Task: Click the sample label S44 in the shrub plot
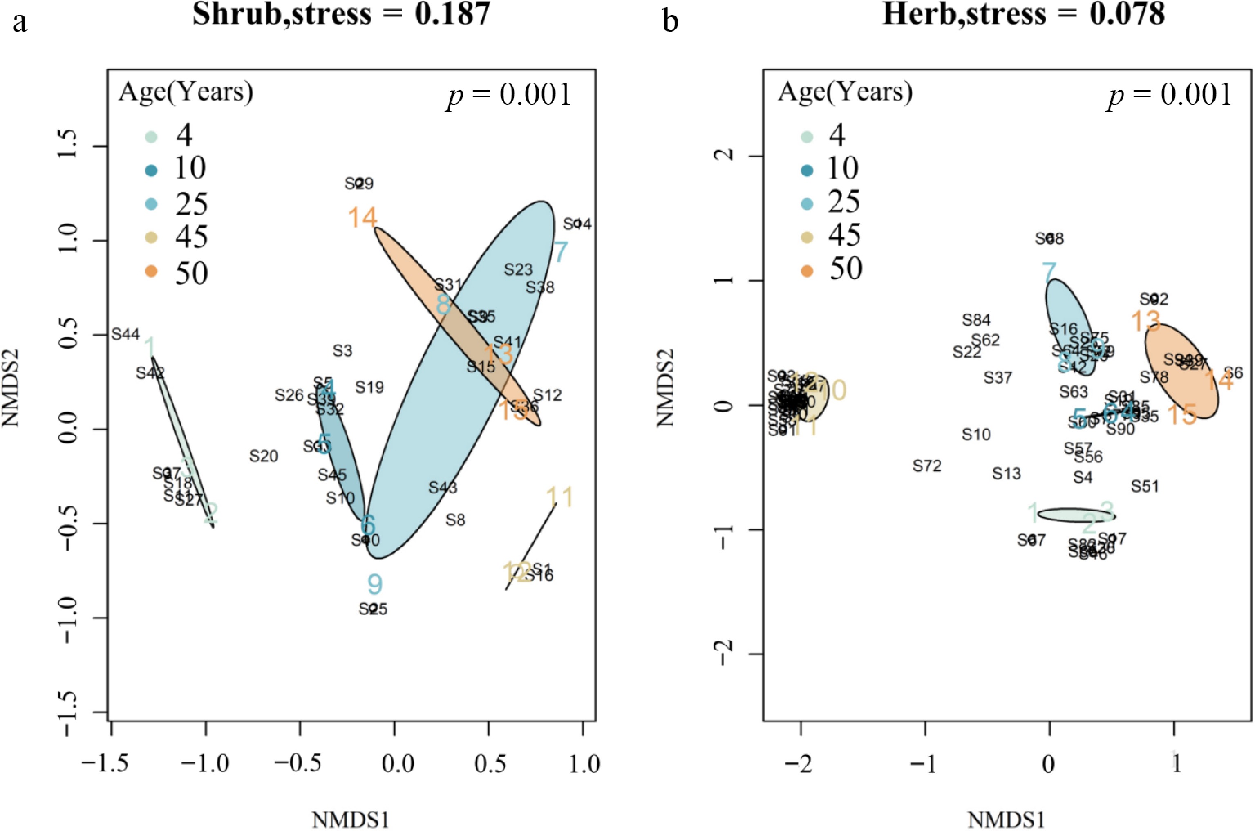tap(125, 334)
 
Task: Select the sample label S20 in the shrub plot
tap(264, 456)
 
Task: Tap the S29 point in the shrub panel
tap(359, 184)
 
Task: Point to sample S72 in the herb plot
tap(927, 466)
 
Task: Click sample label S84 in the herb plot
tap(976, 320)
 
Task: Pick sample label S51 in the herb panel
tap(1145, 486)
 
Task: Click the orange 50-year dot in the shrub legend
tap(152, 271)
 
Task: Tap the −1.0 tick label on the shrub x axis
tap(206, 764)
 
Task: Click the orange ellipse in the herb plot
tap(1181, 371)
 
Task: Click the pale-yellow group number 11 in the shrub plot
tap(559, 497)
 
